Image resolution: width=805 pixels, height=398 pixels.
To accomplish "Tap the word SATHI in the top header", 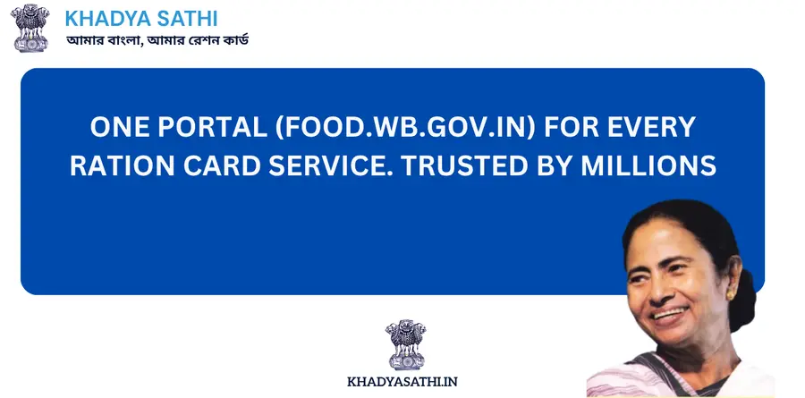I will click(188, 19).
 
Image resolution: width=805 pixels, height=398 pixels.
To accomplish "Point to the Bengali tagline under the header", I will click(157, 41).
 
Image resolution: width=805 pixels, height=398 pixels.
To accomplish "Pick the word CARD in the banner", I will click(240, 165).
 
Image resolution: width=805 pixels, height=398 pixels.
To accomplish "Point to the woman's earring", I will click(731, 292).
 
